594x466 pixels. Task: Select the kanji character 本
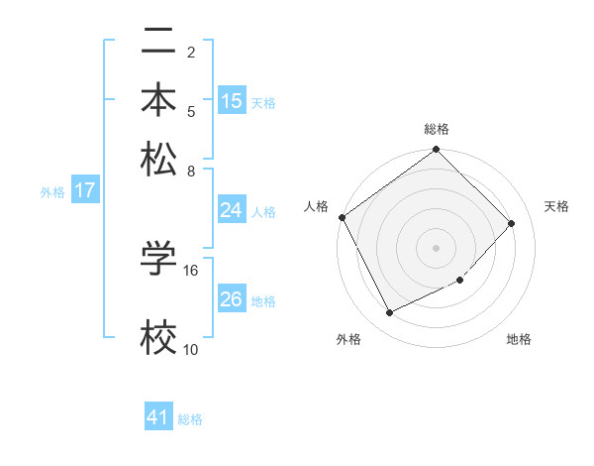(158, 100)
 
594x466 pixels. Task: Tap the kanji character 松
(158, 159)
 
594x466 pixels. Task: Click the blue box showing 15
(232, 101)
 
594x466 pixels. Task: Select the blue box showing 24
(232, 210)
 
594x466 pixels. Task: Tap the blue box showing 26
(232, 299)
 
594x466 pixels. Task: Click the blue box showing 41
(158, 417)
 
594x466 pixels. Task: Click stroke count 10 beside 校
(191, 349)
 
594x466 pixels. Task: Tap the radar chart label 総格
(437, 129)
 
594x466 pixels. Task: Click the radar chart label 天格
(556, 206)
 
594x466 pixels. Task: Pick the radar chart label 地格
(519, 340)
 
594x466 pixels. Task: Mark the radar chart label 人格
(317, 206)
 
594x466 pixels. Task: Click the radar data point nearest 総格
(437, 151)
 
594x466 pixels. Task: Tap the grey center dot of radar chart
(437, 247)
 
